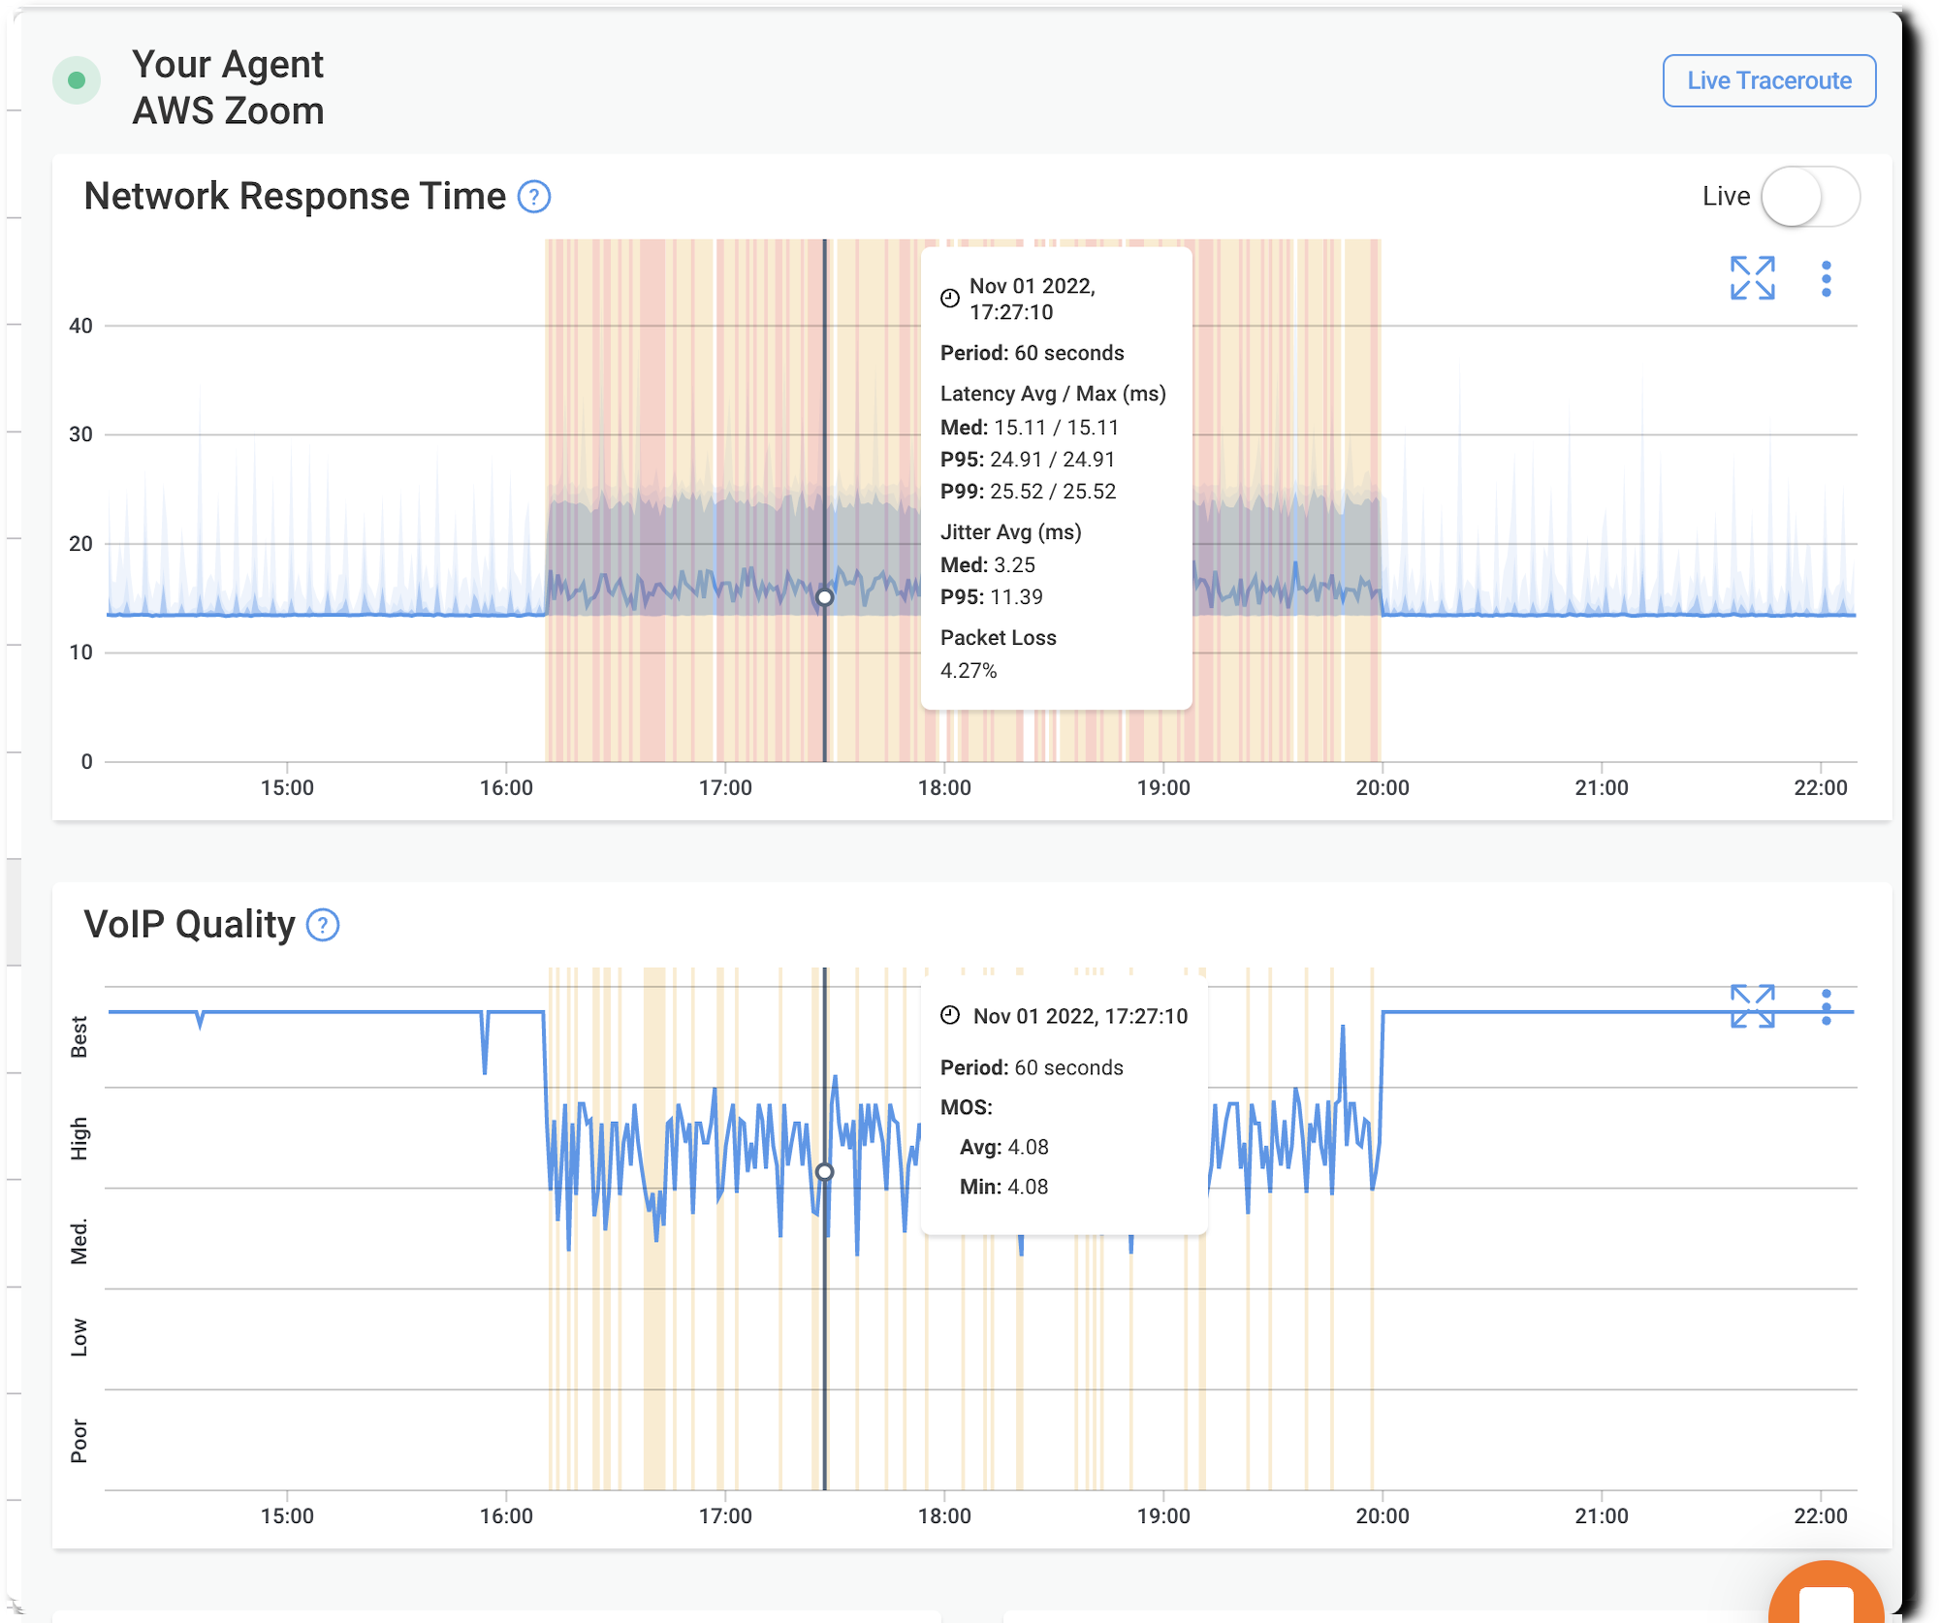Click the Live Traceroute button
coord(1769,80)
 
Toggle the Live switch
coord(1809,197)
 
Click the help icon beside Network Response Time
coord(534,197)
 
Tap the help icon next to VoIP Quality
coord(323,925)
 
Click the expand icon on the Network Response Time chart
coord(1752,278)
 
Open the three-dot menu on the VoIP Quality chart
coord(1827,1007)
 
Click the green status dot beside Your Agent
coord(77,80)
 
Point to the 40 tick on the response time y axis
coord(81,326)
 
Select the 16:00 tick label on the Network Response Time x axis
coord(506,787)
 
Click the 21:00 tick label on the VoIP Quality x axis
coord(1602,1515)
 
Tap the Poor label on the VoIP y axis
coord(79,1441)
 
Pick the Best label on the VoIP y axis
coord(79,1036)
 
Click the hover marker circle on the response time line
coord(825,597)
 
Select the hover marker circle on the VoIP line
coord(825,1172)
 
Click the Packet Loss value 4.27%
coord(969,671)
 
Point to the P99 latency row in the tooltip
coord(1028,492)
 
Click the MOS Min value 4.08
coord(1028,1187)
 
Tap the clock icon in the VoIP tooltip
coord(950,1015)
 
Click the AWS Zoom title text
coord(229,111)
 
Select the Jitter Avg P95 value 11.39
coord(1018,597)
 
